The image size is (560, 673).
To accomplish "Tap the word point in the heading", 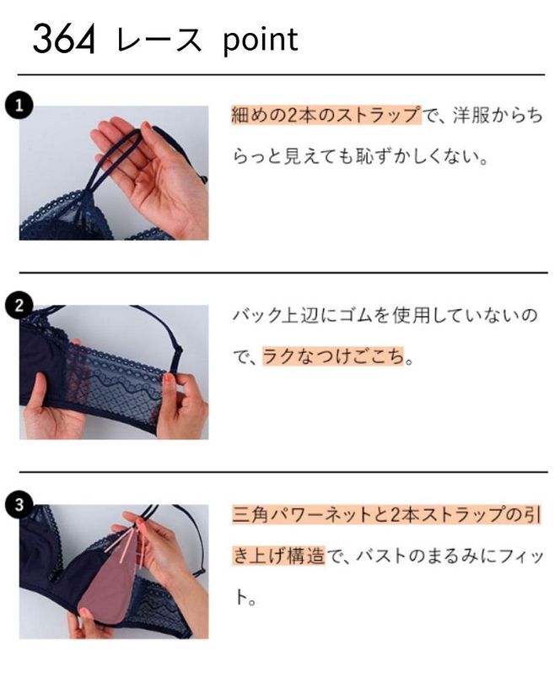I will click(x=260, y=40).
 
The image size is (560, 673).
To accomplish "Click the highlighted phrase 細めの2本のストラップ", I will click(x=325, y=116).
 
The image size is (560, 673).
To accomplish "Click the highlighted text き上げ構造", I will click(x=277, y=556).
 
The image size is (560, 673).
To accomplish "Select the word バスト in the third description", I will click(x=382, y=556).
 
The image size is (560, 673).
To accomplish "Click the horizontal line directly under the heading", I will click(x=280, y=75).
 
